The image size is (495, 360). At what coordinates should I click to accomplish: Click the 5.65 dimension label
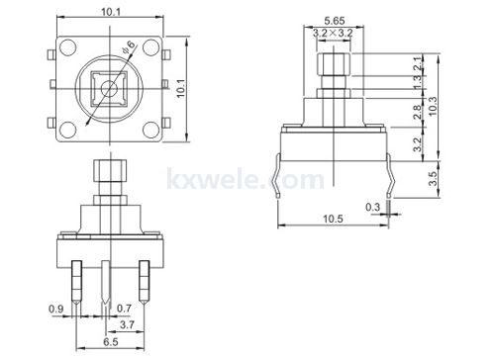(x=335, y=21)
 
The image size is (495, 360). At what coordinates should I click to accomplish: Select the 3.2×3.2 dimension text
(x=333, y=33)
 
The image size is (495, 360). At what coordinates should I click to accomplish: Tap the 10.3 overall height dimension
(x=432, y=106)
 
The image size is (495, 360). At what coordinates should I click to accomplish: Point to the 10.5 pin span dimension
(x=333, y=219)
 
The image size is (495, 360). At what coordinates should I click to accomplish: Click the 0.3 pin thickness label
(x=372, y=208)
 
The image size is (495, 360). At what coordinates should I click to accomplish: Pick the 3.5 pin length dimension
(x=433, y=178)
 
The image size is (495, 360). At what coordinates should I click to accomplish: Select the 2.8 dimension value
(x=418, y=112)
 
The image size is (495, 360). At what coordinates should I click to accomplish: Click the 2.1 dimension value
(x=418, y=64)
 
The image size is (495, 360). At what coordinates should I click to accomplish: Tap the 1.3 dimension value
(x=418, y=82)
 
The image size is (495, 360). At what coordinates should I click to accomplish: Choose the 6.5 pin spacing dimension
(x=111, y=342)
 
